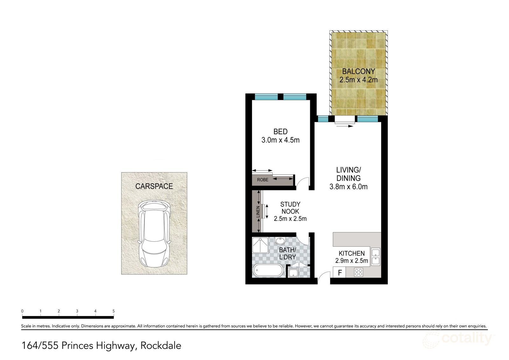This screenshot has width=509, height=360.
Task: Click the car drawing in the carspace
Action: (x=154, y=234)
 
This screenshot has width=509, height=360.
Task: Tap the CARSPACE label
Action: (x=154, y=186)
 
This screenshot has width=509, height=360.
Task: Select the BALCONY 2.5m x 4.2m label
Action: (x=359, y=76)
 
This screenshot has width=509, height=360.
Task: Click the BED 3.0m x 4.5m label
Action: (x=280, y=136)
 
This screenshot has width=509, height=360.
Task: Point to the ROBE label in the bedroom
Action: (x=262, y=180)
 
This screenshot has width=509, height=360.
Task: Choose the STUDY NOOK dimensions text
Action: (x=290, y=219)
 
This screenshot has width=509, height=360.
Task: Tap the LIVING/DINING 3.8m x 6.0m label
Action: (x=348, y=178)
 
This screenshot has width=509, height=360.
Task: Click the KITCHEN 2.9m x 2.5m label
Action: (x=352, y=257)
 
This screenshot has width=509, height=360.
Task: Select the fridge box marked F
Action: (x=339, y=273)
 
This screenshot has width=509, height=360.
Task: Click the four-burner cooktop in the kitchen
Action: (x=359, y=272)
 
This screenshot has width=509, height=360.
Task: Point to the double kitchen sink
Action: (x=376, y=257)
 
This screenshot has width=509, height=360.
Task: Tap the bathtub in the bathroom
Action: (x=268, y=271)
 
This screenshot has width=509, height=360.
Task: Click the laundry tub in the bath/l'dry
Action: (x=293, y=273)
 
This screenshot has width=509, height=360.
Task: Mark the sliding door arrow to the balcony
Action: (x=344, y=126)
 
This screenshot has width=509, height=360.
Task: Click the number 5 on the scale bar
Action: (x=114, y=311)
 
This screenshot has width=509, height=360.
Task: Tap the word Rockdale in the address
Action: (x=161, y=345)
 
